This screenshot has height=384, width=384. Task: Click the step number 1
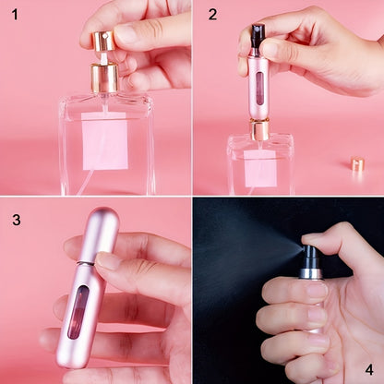click(13, 15)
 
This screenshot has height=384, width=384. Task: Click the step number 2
click(213, 15)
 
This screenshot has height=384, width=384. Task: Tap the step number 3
click(16, 221)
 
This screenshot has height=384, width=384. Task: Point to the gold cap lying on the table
click(356, 164)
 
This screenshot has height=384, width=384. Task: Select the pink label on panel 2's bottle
click(259, 167)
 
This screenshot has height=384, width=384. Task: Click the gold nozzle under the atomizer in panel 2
click(260, 130)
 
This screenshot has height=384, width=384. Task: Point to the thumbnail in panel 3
click(108, 261)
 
